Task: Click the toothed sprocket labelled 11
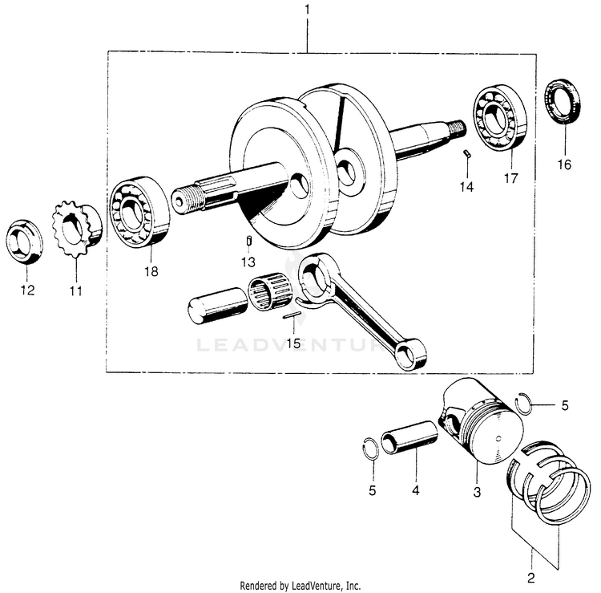point(77,229)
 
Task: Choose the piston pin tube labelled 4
point(409,441)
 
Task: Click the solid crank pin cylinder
point(217,305)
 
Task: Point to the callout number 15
point(293,343)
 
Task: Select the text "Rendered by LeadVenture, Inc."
point(300,586)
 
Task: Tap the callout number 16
point(564,164)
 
